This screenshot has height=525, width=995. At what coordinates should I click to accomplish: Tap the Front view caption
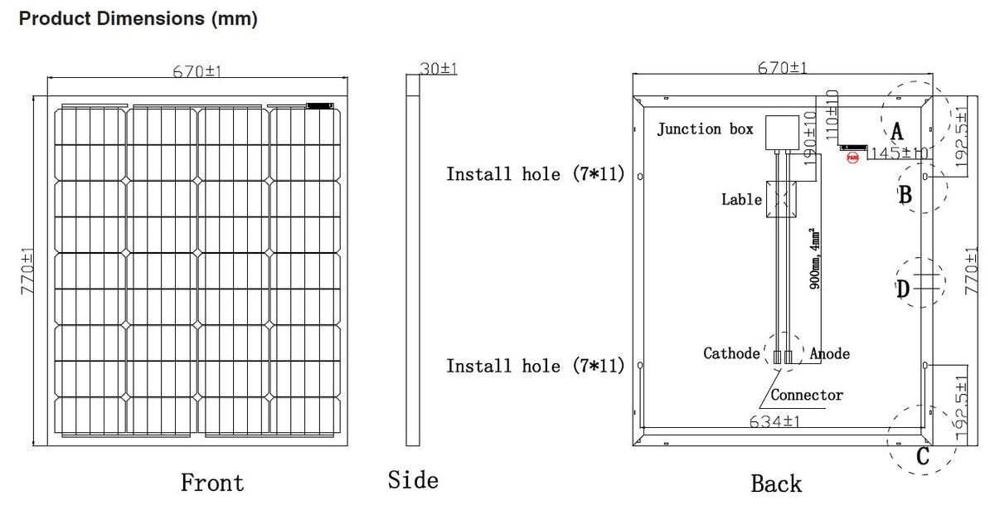coord(212,483)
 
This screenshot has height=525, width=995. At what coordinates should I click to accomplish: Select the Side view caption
coord(413,479)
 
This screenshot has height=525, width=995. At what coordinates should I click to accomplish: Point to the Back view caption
coord(776,484)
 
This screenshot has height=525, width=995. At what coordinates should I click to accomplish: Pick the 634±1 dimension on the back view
coord(774,420)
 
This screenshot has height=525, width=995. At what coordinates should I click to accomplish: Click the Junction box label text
coord(705,129)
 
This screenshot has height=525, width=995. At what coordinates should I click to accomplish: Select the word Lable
coord(741,199)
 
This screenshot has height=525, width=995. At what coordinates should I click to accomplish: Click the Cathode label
coord(731,353)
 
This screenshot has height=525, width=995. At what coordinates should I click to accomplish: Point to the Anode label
coord(830,353)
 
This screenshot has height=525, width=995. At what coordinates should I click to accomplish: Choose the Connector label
coord(807,395)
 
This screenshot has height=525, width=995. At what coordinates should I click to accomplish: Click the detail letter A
coord(896,129)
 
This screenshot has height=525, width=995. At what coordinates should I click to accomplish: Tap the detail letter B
coord(905,195)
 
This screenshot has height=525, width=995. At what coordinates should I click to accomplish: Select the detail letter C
coord(923,456)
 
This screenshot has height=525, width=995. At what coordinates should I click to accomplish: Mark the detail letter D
coord(903,289)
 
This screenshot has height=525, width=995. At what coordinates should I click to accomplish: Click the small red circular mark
coord(852,156)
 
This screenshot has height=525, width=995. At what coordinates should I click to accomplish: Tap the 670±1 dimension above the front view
coord(198,71)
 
